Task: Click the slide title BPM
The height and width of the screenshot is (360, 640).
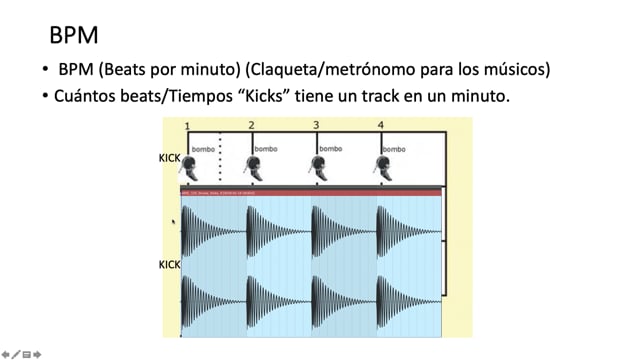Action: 73,36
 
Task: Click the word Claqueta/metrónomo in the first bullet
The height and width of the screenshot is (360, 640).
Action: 364,72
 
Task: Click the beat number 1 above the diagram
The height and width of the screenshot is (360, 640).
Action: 187,125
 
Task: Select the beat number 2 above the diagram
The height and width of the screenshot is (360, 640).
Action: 251,125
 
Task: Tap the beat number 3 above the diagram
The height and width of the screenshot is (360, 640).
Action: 316,125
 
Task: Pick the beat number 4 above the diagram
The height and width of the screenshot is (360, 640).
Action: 380,125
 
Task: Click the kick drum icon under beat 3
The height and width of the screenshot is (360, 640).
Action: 320,168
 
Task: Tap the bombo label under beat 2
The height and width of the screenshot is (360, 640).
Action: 266,149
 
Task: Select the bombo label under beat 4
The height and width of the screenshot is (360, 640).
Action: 395,149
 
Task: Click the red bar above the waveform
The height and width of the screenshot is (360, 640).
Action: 310,192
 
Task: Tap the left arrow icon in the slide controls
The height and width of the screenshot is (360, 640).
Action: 6,353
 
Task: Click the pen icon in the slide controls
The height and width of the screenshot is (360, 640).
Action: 16,353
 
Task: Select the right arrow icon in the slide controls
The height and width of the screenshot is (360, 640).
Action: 37,353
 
